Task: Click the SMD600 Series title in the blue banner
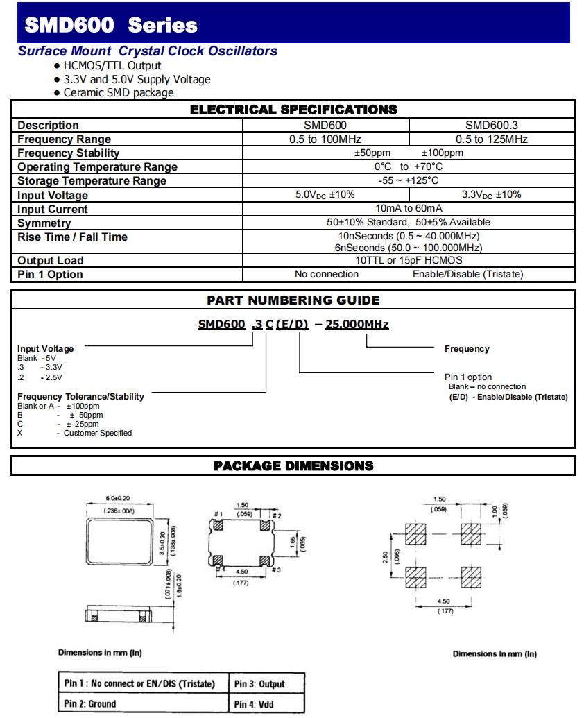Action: pyautogui.click(x=111, y=26)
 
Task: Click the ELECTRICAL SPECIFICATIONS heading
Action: pyautogui.click(x=293, y=110)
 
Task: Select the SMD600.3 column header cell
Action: pyautogui.click(x=491, y=126)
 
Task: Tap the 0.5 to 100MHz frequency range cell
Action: pyautogui.click(x=325, y=139)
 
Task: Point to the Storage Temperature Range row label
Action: pyautogui.click(x=92, y=181)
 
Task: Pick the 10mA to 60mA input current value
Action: pyautogui.click(x=409, y=209)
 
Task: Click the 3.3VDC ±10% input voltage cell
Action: pyautogui.click(x=491, y=195)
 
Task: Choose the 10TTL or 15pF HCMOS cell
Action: pyautogui.click(x=409, y=261)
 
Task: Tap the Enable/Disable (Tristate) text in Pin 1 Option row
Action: pyautogui.click(x=467, y=275)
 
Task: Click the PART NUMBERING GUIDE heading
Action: pyautogui.click(x=293, y=300)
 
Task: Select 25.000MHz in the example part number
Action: pyautogui.click(x=357, y=325)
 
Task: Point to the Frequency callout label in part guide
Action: pyautogui.click(x=467, y=349)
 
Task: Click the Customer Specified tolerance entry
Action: pyautogui.click(x=97, y=433)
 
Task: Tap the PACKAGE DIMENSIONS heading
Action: pyautogui.click(x=293, y=465)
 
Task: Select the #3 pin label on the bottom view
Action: pyautogui.click(x=276, y=570)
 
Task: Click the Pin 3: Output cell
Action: pyautogui.click(x=259, y=684)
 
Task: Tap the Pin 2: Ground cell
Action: pyautogui.click(x=90, y=703)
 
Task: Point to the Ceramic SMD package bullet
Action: pyautogui.click(x=118, y=93)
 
